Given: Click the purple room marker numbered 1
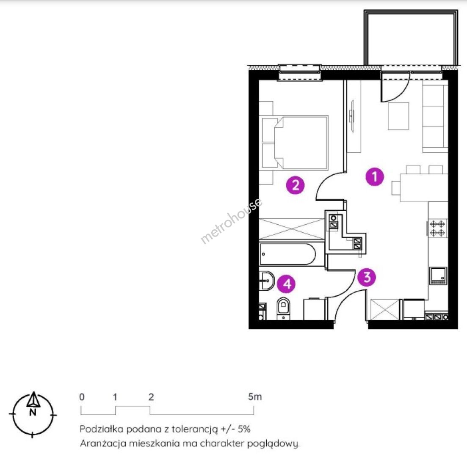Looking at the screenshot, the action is (375, 177).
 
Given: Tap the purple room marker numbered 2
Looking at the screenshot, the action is (296, 185).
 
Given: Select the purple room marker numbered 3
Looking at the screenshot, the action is (367, 278).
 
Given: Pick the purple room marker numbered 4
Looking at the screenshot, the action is (287, 284).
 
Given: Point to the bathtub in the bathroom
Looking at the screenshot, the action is (287, 255).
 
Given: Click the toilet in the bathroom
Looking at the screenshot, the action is (283, 308).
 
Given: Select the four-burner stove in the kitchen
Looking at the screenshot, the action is (437, 228).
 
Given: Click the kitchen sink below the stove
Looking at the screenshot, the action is (438, 275).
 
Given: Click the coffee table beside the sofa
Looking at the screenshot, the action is (398, 116).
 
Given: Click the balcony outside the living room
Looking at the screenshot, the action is (411, 38).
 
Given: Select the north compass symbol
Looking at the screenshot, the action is (33, 414).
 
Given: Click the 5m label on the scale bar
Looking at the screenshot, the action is (254, 397).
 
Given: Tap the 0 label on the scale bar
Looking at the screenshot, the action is (82, 397).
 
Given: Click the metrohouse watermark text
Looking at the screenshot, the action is (232, 220).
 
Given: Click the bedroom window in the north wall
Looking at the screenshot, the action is (300, 72).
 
